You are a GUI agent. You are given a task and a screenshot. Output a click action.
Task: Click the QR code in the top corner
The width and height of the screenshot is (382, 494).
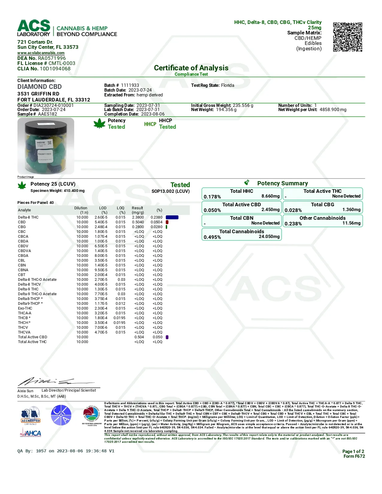click(348, 37)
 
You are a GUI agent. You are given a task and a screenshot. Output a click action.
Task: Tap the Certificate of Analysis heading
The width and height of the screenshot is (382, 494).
click(191, 68)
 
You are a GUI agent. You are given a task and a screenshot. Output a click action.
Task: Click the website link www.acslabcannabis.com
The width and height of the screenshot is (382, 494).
click(41, 53)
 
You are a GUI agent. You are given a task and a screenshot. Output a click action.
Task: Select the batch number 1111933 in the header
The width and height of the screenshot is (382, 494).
click(130, 85)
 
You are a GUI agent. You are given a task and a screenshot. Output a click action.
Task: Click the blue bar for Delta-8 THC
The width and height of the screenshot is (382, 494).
click(172, 217)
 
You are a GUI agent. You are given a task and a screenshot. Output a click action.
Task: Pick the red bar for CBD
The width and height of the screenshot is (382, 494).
click(167, 222)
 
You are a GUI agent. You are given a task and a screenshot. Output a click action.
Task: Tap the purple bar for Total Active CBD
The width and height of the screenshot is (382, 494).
click(167, 337)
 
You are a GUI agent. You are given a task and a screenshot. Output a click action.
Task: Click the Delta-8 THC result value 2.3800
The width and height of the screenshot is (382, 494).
click(138, 217)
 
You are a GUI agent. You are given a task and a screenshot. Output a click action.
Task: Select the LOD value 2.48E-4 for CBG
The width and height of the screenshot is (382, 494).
click(101, 227)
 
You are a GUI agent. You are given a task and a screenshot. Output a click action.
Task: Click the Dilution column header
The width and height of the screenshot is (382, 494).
click(81, 208)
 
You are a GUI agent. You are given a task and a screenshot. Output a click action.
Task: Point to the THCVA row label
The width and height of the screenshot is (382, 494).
click(24, 332)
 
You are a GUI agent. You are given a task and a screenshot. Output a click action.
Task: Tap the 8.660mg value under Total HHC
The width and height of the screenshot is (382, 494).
click(271, 196)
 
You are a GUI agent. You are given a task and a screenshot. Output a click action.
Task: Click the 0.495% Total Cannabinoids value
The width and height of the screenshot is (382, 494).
click(212, 237)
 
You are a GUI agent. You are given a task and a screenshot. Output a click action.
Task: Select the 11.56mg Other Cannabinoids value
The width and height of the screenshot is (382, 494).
click(351, 223)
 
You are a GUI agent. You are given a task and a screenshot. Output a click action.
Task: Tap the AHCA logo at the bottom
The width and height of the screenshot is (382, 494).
click(31, 433)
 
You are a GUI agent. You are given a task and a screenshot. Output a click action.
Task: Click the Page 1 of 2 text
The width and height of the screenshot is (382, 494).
click(353, 451)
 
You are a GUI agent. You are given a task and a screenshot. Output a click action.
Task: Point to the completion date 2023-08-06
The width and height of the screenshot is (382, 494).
click(153, 114)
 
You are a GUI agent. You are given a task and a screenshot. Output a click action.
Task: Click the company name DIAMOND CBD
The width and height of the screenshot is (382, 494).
click(40, 87)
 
